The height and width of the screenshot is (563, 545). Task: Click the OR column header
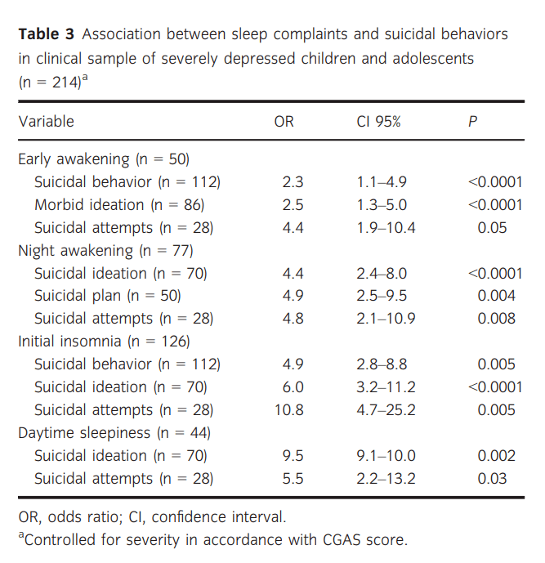[284, 123]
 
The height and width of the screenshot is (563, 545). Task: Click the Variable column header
[46, 123]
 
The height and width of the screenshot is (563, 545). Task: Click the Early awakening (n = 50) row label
[105, 159]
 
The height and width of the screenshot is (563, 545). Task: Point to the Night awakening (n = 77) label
[105, 251]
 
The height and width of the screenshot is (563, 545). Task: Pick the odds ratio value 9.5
[293, 456]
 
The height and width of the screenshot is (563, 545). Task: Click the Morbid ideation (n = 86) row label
[119, 205]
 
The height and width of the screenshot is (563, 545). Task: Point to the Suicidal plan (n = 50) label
[107, 296]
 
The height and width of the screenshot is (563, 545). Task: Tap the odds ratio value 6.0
[293, 387]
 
